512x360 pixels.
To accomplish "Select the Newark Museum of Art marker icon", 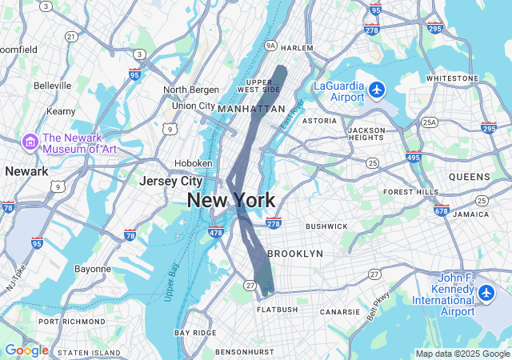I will click(x=31, y=142).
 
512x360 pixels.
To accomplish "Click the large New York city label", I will click(x=231, y=201).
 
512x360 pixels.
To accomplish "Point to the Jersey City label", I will click(x=170, y=181).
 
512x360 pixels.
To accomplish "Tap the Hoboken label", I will click(x=193, y=163).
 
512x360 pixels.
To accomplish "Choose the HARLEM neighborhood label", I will click(x=298, y=48).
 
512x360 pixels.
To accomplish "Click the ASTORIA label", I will click(x=319, y=121).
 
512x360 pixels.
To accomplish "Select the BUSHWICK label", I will click(x=326, y=226).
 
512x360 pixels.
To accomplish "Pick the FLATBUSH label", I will click(x=277, y=309).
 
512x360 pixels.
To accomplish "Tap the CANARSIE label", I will click(x=339, y=311).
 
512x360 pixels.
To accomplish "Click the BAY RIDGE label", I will click(x=195, y=333).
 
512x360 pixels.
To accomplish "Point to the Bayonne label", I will click(x=93, y=269).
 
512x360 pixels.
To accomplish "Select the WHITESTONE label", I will click(x=452, y=78).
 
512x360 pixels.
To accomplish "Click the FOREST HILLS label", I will click(x=411, y=192).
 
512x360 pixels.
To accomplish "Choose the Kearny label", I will click(x=61, y=111).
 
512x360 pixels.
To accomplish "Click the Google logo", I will click(x=26, y=350).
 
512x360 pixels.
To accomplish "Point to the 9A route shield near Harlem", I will click(x=270, y=46).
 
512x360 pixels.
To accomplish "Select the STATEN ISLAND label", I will click(x=89, y=352).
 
